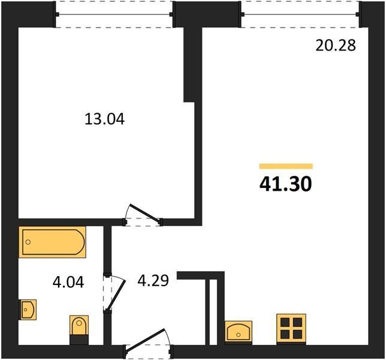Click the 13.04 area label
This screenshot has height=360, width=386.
tap(105, 119)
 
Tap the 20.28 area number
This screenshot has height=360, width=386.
tap(336, 46)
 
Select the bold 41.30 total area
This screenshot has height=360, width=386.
tap(285, 184)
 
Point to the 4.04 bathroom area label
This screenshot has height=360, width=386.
tap(68, 282)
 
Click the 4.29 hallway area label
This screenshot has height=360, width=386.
tap(153, 280)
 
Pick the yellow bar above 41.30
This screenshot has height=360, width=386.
tap(286, 166)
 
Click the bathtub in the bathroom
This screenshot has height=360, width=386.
tap(52, 242)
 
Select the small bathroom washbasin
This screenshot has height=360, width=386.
tap(28, 310)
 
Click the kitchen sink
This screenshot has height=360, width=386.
tap(239, 332)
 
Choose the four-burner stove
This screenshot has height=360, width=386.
tap(291, 328)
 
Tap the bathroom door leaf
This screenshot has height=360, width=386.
tap(116, 295)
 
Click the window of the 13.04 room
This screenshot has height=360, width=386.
tap(114, 14)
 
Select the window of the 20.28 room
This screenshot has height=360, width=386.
tap(300, 14)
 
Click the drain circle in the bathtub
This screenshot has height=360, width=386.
tap(28, 242)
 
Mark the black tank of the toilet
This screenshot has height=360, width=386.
tap(79, 340)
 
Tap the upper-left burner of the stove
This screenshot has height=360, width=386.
tap(285, 322)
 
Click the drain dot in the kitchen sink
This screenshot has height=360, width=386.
tap(239, 335)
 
